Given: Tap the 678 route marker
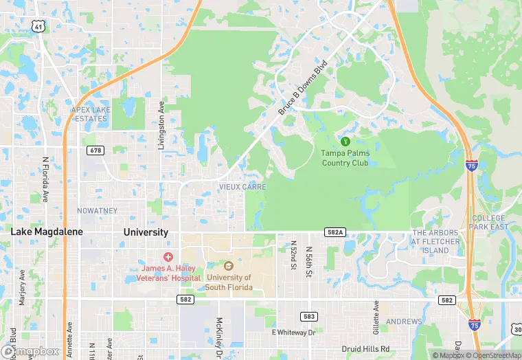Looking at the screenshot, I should click(95, 150).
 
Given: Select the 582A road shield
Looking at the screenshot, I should click(334, 234).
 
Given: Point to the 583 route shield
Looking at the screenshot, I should click(308, 316).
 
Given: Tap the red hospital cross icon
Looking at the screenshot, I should click(168, 256).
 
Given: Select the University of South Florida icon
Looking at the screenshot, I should click(229, 266).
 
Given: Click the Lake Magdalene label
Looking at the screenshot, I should click(47, 232).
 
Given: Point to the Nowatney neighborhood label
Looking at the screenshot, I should click(97, 210).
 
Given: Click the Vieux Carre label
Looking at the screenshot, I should click(242, 187).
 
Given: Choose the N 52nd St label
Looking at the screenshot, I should click(293, 254).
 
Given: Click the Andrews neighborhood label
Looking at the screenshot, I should click(404, 322).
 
